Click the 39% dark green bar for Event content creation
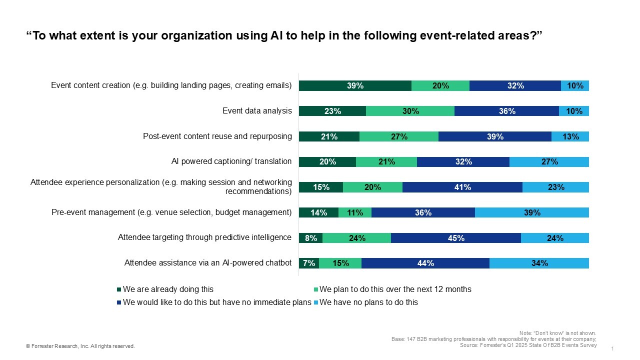point(355,85)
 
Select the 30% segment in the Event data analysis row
point(410,111)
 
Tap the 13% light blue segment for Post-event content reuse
point(570,136)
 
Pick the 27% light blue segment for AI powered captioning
point(549,162)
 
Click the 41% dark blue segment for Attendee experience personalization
point(462,187)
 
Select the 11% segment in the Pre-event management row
point(355,212)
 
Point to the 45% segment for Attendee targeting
point(455,238)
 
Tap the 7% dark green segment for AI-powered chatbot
point(308,263)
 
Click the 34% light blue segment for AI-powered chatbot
point(539,263)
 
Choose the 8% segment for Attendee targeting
point(310,238)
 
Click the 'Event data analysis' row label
point(257,111)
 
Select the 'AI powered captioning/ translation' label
point(231,161)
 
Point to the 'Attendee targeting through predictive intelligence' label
point(204,237)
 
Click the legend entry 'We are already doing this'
point(168,289)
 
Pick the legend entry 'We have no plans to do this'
point(368,302)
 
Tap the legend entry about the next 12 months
point(395,289)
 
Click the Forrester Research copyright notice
point(80,346)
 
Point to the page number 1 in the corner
point(612,348)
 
